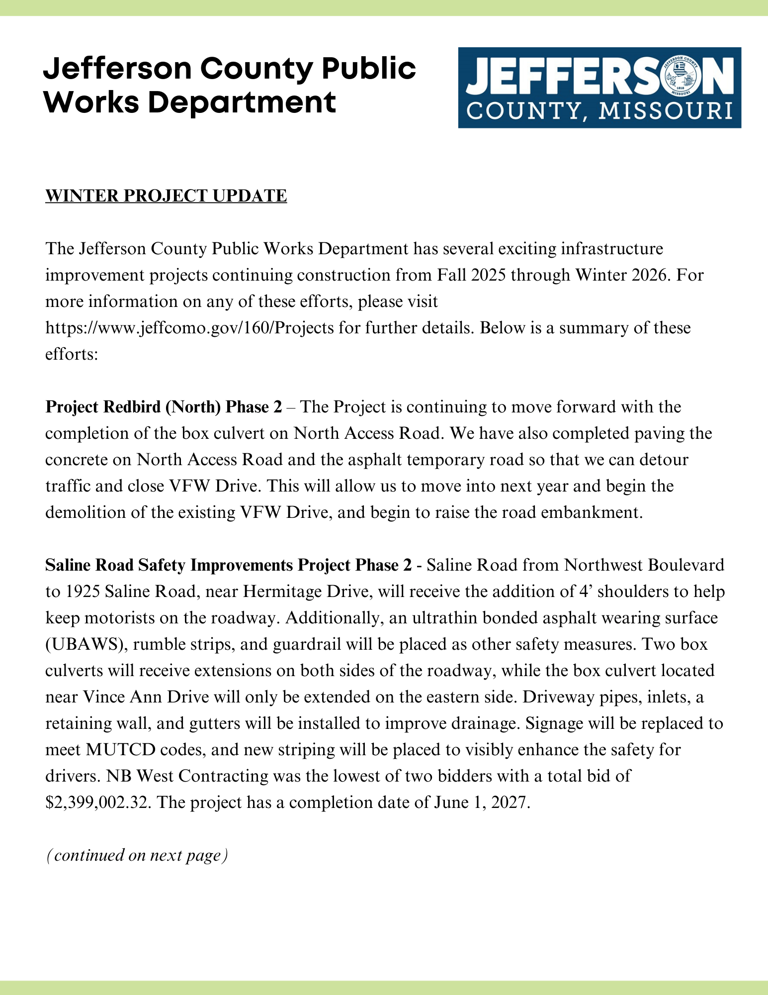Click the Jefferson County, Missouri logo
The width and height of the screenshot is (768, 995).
pyautogui.click(x=599, y=88)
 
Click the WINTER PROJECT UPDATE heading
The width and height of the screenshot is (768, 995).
pyautogui.click(x=166, y=196)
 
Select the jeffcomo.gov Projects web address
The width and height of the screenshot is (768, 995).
pyautogui.click(x=189, y=328)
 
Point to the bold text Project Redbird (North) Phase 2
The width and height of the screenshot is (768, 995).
pyautogui.click(x=164, y=407)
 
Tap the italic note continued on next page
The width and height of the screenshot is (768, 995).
pyautogui.click(x=137, y=855)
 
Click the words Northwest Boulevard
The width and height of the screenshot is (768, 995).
pyautogui.click(x=644, y=565)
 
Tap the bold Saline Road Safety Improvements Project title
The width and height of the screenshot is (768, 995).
pyautogui.click(x=228, y=565)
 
